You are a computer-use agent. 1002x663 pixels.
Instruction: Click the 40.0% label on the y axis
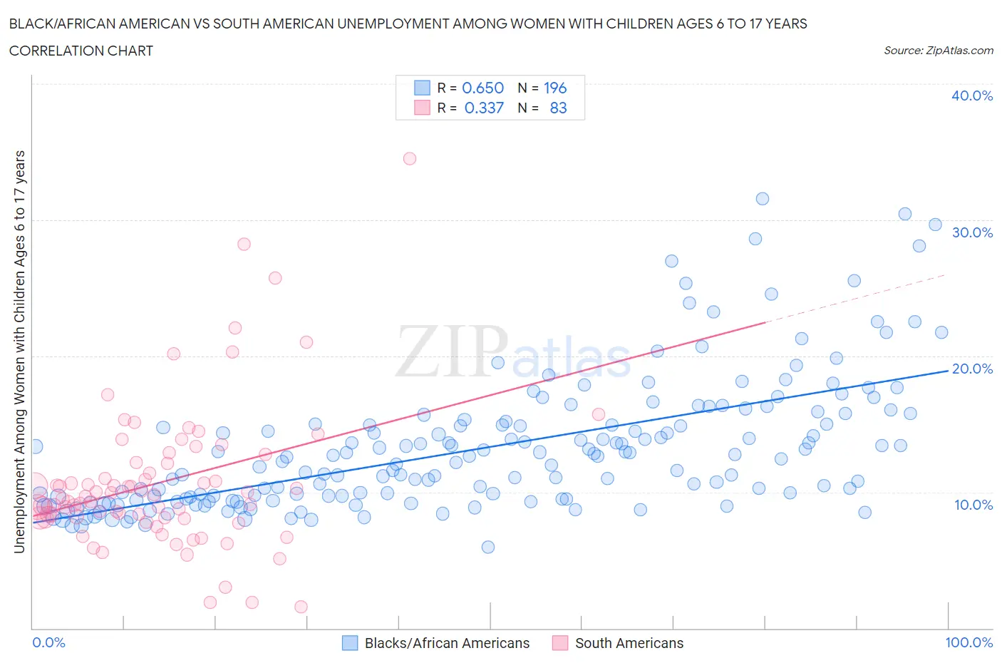(972, 96)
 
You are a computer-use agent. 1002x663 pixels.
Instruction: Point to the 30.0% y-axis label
(972, 232)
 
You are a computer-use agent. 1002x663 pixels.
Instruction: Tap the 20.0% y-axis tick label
(972, 369)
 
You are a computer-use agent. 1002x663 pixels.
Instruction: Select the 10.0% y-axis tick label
(972, 505)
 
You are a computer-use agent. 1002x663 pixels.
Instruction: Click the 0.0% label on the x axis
(48, 642)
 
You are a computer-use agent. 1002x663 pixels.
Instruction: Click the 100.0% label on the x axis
(969, 642)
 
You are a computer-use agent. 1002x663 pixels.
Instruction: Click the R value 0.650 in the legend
(483, 88)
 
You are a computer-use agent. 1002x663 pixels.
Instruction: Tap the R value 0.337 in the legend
(484, 108)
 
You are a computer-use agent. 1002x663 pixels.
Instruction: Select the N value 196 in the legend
(555, 88)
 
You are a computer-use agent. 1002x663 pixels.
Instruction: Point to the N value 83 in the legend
(558, 108)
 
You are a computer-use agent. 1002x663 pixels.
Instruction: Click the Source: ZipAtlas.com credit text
(938, 50)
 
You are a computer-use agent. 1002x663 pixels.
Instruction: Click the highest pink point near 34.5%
(409, 158)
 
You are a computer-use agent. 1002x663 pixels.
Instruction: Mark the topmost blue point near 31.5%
(762, 199)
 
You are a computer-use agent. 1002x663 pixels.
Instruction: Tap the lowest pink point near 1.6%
(301, 607)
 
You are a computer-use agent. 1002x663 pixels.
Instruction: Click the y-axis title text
(19, 351)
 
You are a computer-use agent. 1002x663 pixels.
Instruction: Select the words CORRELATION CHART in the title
(81, 51)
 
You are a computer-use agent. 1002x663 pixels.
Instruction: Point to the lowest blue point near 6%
(488, 547)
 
